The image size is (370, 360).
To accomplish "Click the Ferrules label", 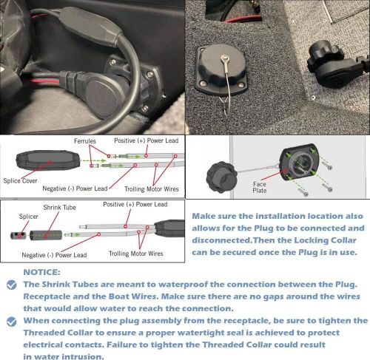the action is [x=85, y=141].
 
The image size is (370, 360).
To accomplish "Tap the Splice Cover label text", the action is [x=20, y=181].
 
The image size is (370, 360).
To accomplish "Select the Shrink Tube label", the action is [x=59, y=208].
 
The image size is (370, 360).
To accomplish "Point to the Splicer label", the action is [x=29, y=217].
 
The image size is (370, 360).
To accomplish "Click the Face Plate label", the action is [x=260, y=187].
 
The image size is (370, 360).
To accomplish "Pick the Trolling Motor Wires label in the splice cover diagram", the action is [x=152, y=189].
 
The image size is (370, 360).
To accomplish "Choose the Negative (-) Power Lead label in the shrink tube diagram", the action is [x=54, y=255].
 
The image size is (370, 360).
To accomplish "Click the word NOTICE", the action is [x=41, y=272].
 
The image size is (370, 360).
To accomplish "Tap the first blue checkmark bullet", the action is [x=12, y=285].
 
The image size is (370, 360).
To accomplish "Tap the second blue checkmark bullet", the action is [x=12, y=322].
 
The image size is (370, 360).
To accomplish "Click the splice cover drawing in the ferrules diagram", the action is [x=48, y=160].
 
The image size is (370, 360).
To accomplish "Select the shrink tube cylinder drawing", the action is [x=46, y=235].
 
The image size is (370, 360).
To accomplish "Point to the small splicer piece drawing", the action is [x=18, y=236].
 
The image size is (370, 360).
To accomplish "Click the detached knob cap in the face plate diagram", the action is [x=222, y=177].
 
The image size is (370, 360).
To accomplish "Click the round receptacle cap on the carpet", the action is [x=221, y=67].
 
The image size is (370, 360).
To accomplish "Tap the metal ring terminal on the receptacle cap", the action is [x=224, y=58].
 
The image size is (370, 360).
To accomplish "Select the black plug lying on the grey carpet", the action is [x=331, y=64].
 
